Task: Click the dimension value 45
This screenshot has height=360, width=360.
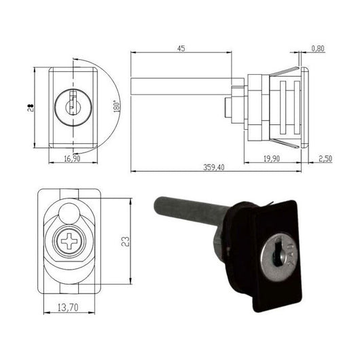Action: (181, 48)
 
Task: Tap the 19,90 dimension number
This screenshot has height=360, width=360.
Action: (272, 158)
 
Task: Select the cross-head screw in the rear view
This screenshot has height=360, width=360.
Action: (69, 241)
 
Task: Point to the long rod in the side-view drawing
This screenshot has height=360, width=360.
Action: (183, 87)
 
